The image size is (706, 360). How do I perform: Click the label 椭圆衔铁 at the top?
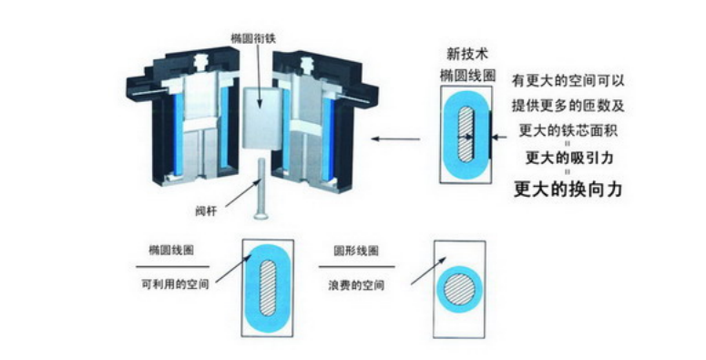(x=253, y=38)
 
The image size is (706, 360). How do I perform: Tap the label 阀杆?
(x=206, y=211)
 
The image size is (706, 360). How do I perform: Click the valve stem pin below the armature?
(x=261, y=189)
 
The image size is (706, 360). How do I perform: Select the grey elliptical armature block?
(x=261, y=118)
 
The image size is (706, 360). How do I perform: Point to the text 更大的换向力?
(x=568, y=190)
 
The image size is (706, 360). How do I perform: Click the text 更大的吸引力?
(x=569, y=158)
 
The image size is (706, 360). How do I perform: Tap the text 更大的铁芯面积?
(x=568, y=130)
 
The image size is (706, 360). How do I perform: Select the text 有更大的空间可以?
(x=568, y=81)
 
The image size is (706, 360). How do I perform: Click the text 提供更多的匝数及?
(x=568, y=106)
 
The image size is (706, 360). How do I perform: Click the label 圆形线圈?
(x=355, y=251)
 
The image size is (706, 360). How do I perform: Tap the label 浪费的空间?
(x=356, y=285)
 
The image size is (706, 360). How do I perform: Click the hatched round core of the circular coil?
(x=459, y=288)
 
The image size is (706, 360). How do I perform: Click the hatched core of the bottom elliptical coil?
(x=268, y=287)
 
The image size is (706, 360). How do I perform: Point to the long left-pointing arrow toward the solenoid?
(x=395, y=139)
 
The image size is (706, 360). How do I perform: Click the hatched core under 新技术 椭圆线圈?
(x=466, y=134)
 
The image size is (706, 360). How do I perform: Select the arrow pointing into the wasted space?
(x=429, y=271)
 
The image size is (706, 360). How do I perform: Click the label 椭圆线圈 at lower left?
(x=171, y=250)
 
